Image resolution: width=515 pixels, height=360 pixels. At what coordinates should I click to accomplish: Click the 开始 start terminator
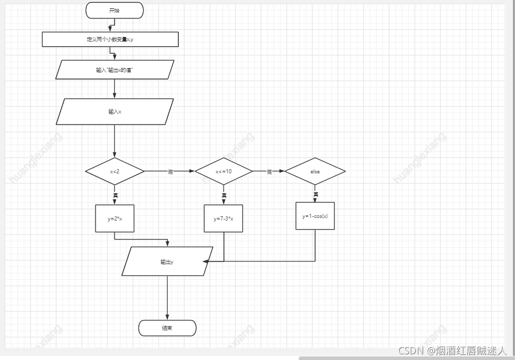click(114, 10)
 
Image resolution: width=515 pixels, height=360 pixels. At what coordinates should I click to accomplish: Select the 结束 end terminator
click(167, 328)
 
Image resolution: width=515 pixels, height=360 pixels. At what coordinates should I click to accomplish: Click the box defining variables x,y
click(110, 39)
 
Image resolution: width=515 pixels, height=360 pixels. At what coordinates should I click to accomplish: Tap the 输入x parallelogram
click(115, 112)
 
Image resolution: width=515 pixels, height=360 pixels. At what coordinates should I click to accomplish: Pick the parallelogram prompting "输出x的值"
click(115, 70)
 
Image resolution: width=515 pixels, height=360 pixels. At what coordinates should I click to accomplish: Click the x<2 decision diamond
click(115, 171)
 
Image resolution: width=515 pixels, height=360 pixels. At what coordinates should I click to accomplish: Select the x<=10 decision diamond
click(223, 171)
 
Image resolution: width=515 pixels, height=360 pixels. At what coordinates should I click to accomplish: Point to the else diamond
click(315, 171)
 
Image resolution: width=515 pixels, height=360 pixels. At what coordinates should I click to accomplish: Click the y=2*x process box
click(115, 218)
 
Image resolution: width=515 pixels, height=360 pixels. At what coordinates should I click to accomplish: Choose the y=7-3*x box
click(223, 218)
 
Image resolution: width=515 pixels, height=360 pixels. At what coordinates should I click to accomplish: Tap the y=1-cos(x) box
click(315, 216)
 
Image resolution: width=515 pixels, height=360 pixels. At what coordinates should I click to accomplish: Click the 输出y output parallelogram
click(167, 262)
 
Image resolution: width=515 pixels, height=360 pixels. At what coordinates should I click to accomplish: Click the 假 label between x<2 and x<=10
click(171, 172)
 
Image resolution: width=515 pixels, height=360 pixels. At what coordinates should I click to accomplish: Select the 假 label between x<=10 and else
click(270, 172)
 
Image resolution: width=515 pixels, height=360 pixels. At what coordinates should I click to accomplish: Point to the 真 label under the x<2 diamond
click(115, 195)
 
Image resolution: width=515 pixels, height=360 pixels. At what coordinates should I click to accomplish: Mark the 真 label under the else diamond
click(316, 194)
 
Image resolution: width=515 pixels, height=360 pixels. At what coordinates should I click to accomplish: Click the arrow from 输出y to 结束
click(167, 297)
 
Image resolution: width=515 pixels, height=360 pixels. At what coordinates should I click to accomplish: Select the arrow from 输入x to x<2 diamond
click(114, 141)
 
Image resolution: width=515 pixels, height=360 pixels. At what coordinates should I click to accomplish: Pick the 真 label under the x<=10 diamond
click(224, 195)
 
